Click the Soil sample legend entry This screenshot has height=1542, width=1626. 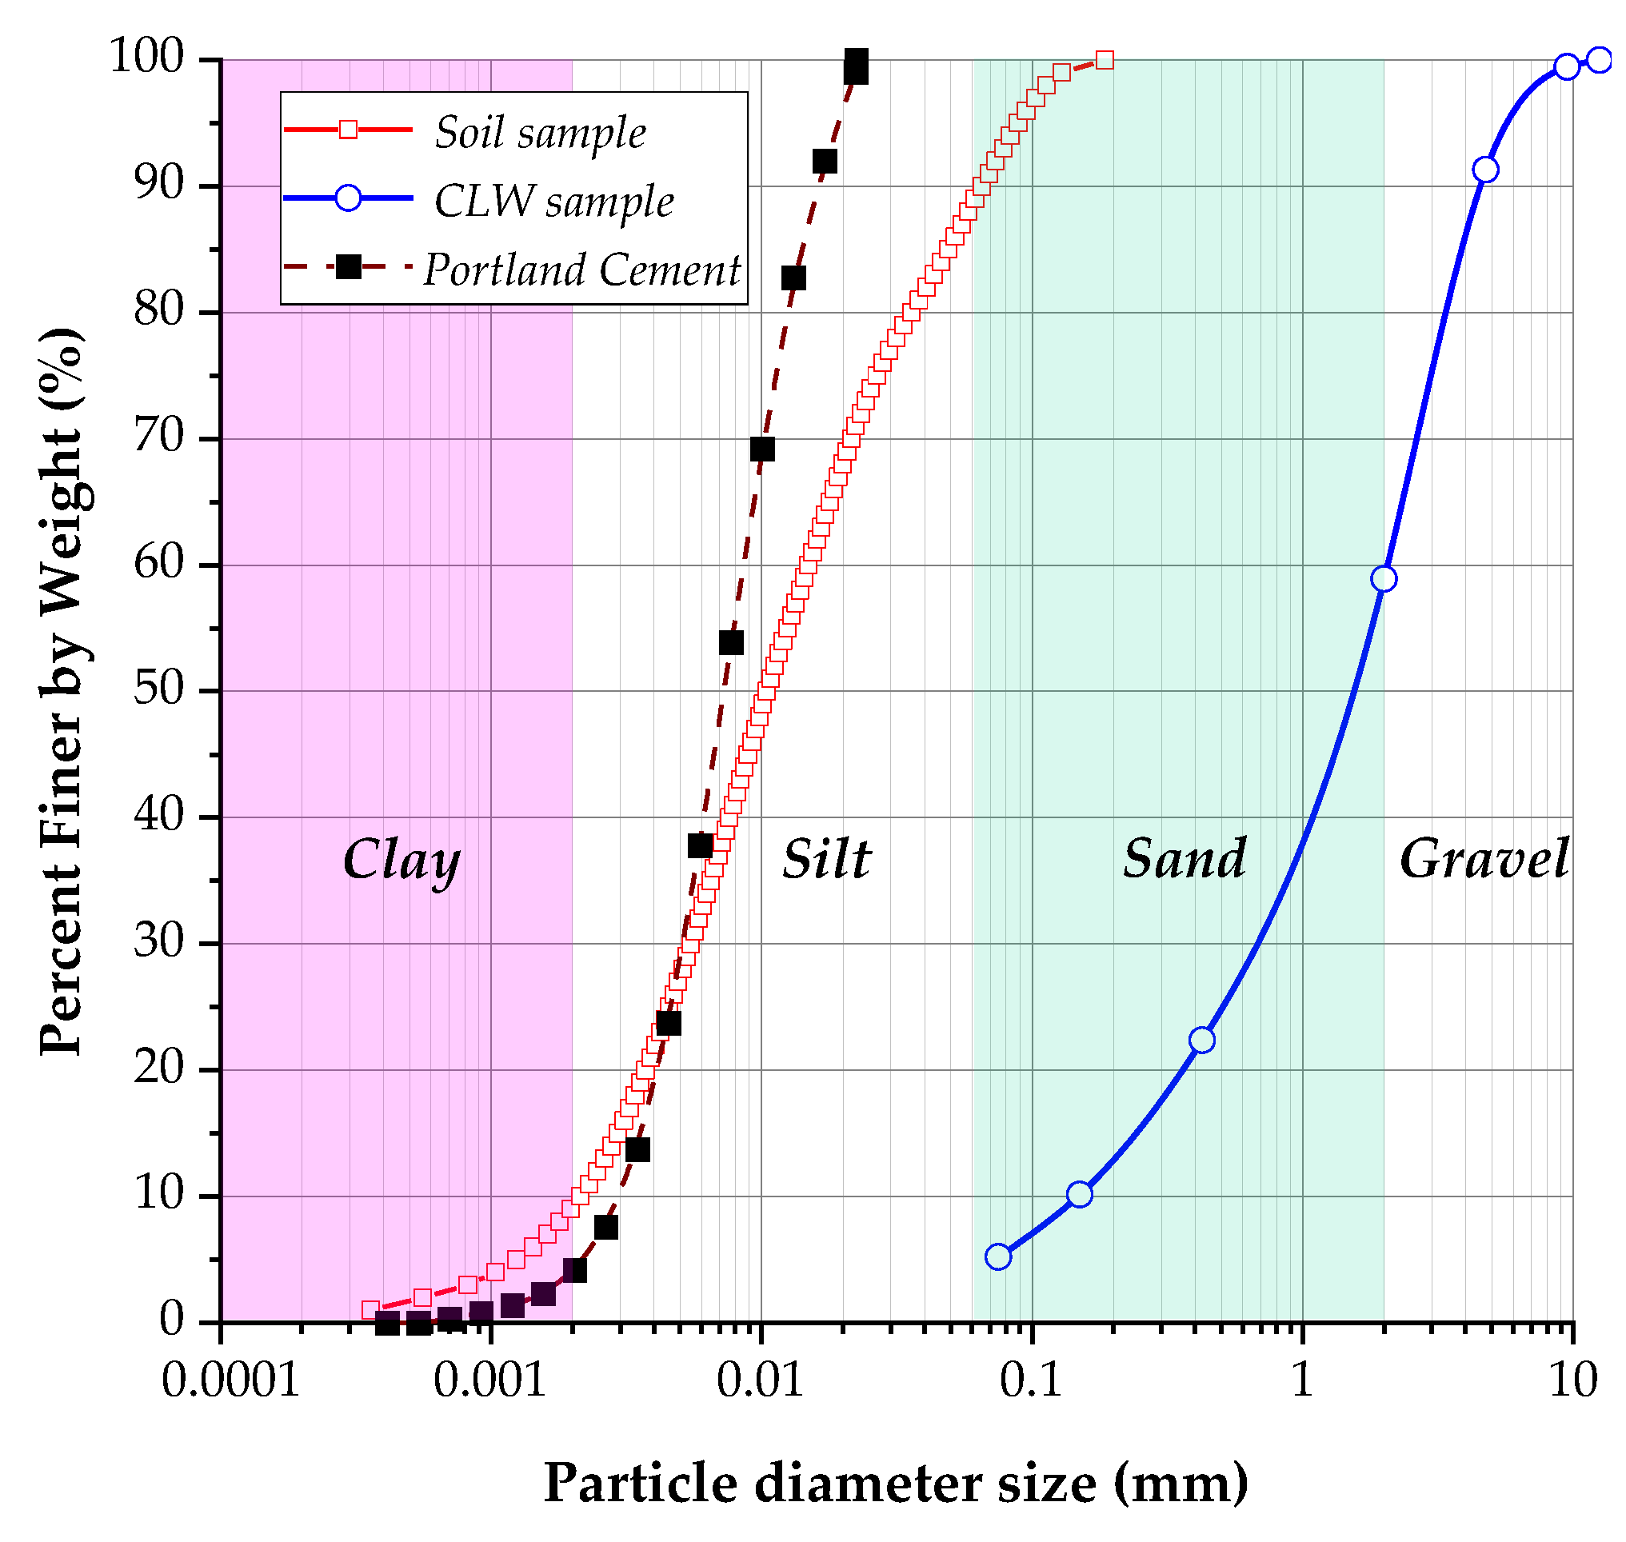pos(540,132)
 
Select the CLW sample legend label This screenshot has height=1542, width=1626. pos(553,202)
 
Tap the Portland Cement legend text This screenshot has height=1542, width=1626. pos(582,270)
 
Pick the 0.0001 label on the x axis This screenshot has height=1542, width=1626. pos(230,1380)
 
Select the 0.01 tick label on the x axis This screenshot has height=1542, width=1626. pos(760,1380)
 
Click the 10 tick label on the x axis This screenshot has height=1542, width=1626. pos(1572,1380)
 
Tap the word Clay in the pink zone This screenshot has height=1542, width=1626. pos(402,860)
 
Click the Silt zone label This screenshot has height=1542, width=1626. pos(825,860)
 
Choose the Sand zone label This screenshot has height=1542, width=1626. pos(1185,860)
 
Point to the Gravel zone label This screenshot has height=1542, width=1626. pos(1484,860)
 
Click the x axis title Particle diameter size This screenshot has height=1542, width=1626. pos(895,1484)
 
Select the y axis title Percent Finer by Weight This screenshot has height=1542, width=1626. pos(62,690)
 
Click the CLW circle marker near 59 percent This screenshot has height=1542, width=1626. pos(1384,580)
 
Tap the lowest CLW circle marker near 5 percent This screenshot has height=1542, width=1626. pos(998,1257)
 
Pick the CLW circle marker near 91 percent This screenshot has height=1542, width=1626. pos(1485,170)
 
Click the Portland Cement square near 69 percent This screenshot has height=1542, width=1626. pos(762,449)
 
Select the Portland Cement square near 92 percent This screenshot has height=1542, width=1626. pos(825,161)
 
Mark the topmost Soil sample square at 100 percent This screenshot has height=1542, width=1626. pos(1105,60)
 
